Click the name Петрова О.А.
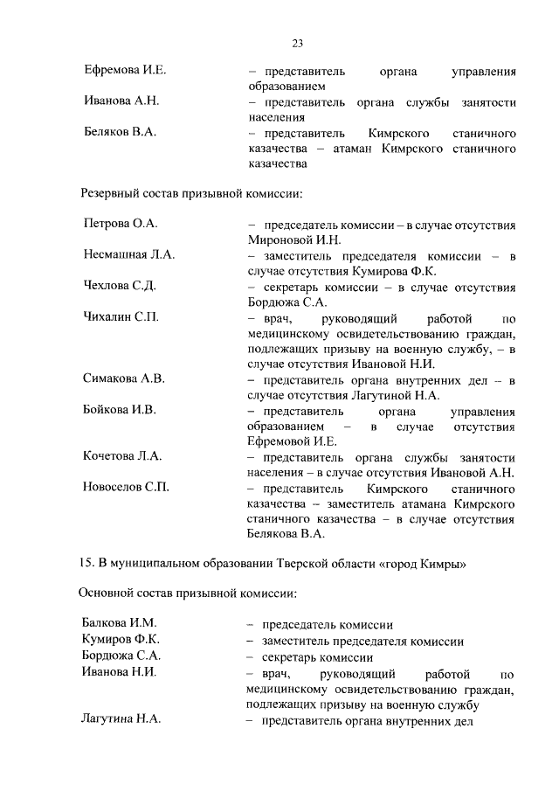click(120, 224)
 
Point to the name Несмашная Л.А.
click(129, 254)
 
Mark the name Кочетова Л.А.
click(122, 456)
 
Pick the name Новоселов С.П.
click(126, 487)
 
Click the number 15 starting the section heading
click(86, 563)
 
